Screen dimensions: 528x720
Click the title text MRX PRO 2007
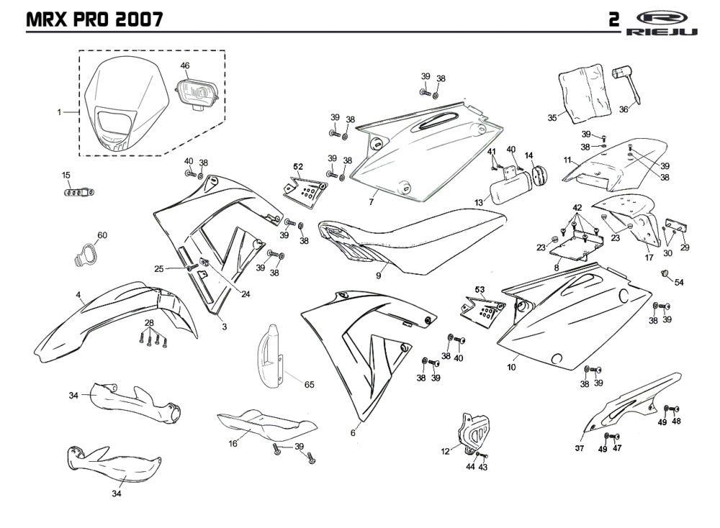(x=94, y=19)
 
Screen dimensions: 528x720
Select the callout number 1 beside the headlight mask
(x=60, y=113)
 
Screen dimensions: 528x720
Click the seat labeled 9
(x=403, y=241)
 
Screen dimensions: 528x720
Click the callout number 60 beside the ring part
(x=102, y=235)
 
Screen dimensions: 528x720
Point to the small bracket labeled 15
(x=78, y=192)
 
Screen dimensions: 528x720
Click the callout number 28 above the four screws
(x=149, y=322)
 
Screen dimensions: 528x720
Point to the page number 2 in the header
(x=613, y=19)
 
